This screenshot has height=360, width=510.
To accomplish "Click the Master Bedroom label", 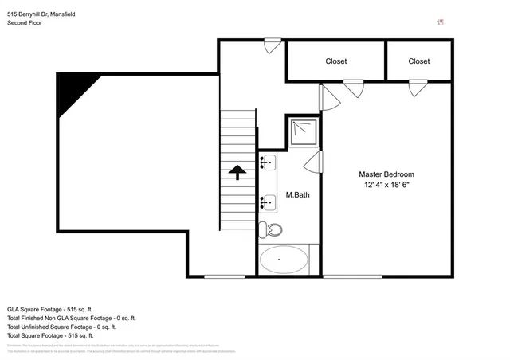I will click(x=386, y=174).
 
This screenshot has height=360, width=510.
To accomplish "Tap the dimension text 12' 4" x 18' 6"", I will click(x=386, y=185).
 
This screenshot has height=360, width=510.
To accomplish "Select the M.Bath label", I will click(x=297, y=195).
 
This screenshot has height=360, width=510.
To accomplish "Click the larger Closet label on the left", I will click(x=335, y=61).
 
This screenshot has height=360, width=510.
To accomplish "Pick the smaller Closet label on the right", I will click(x=418, y=61).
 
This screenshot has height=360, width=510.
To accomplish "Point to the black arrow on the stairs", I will click(x=237, y=170).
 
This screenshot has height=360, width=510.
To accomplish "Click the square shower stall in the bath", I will click(x=302, y=131).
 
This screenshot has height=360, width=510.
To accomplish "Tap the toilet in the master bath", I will click(x=273, y=230).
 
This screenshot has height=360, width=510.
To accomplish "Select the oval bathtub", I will click(x=284, y=260).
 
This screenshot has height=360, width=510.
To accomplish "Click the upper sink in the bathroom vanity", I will click(x=268, y=163).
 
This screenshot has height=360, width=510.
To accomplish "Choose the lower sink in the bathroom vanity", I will click(x=268, y=203).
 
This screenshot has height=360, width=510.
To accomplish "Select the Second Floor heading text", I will click(x=25, y=23).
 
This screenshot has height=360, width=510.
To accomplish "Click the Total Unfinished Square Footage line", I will click(x=61, y=327).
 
